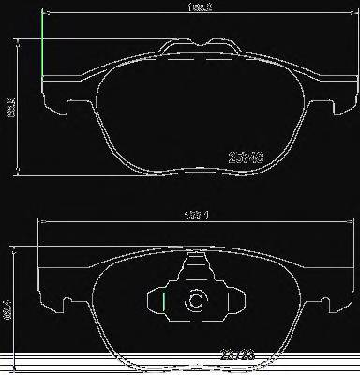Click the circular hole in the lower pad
coord(196,302)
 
